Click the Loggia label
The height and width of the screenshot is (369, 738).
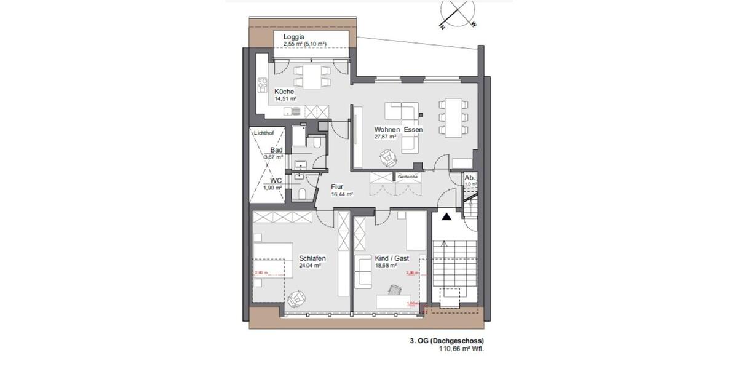click(x=294, y=37)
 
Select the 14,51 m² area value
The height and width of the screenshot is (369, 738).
click(x=286, y=99)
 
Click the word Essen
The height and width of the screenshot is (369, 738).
click(x=413, y=130)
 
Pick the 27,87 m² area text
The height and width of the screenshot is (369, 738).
click(x=385, y=137)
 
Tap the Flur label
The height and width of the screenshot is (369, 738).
click(x=337, y=187)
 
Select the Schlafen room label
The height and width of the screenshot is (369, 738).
click(x=312, y=258)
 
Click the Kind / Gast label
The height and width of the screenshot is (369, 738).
click(x=392, y=258)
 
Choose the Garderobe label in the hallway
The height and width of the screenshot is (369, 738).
click(x=407, y=177)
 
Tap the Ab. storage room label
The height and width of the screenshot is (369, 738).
click(x=470, y=177)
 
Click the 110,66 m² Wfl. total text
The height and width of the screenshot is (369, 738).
click(x=461, y=348)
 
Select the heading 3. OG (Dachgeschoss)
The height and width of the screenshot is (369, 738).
click(x=446, y=340)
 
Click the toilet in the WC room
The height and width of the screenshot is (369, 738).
click(x=301, y=194)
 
